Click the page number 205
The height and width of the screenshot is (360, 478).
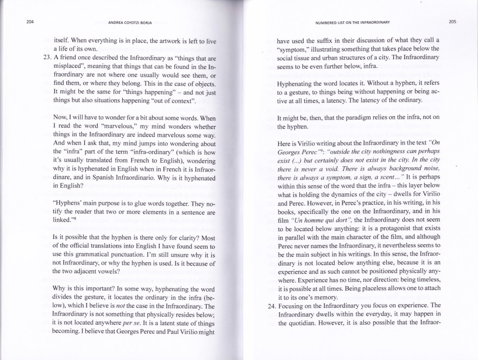[x=452, y=22]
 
